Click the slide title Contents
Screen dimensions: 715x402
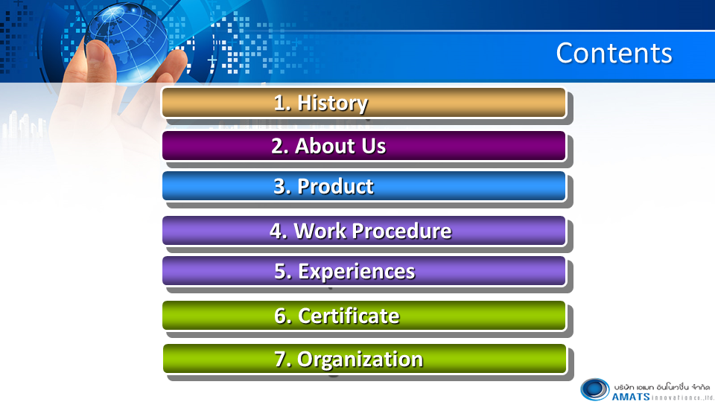(x=614, y=54)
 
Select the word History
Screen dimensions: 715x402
(x=332, y=103)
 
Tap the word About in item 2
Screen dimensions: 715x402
(x=325, y=146)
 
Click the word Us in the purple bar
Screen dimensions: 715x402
(x=373, y=146)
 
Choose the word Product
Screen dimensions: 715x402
(x=335, y=186)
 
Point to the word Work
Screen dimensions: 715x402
(x=320, y=231)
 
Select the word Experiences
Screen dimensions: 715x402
(x=356, y=272)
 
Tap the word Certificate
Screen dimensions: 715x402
(x=349, y=316)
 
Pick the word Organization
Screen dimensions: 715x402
(x=360, y=360)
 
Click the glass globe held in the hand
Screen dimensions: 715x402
(x=127, y=42)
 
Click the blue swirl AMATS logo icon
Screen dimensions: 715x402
(x=594, y=389)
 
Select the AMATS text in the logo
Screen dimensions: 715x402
(x=631, y=397)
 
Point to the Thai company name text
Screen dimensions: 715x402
(x=661, y=387)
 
